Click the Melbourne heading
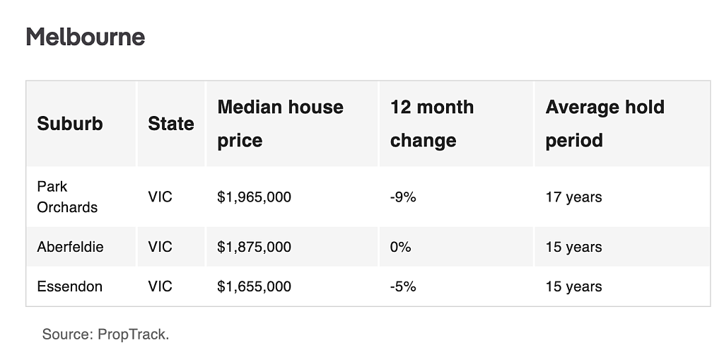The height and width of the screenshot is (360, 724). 86,37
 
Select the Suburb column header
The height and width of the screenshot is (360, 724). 70,124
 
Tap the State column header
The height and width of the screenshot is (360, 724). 171,124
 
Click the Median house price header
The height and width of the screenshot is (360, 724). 280,124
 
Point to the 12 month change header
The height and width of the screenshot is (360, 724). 432,124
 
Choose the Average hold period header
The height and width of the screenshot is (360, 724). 605,124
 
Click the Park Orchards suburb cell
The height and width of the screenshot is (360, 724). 67,197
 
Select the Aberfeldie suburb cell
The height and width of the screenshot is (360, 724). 70,247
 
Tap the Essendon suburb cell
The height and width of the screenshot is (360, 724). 70,286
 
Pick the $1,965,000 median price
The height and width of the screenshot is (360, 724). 254,197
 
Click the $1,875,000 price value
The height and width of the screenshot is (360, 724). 254,247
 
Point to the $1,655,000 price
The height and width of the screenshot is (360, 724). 254,286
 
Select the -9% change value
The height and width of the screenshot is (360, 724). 403,197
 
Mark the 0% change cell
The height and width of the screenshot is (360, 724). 400,247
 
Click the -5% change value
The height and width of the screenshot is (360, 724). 403,286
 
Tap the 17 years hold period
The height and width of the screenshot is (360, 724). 573,197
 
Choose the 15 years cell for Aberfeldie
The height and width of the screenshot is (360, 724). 573,247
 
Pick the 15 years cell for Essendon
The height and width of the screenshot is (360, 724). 573,286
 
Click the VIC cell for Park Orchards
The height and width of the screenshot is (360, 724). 160,197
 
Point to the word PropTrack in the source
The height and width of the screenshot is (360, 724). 133,334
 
